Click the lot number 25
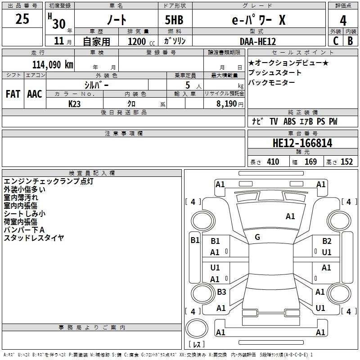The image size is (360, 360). [22, 19]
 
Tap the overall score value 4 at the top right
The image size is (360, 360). [343, 20]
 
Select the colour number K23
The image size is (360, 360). [75, 103]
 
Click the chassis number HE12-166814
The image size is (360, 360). [302, 143]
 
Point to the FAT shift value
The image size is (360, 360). [13, 94]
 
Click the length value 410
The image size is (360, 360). [273, 162]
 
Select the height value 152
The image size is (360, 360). [346, 162]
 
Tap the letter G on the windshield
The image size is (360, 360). [257, 237]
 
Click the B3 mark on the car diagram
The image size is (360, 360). [221, 292]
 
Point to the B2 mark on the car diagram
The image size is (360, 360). [327, 241]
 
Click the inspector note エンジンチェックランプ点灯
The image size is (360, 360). [48, 181]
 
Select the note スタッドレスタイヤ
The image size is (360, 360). [34, 238]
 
